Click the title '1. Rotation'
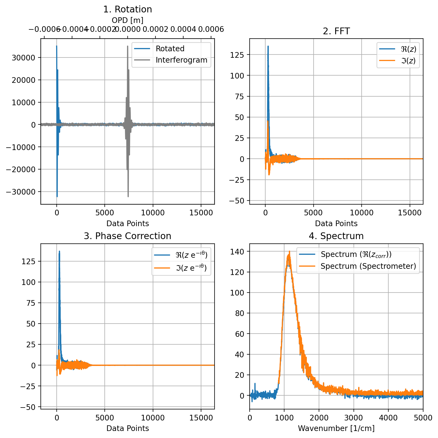click(127, 9)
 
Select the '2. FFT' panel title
click(336, 31)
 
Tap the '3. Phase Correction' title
click(127, 236)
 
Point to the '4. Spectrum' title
click(336, 236)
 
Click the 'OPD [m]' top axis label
click(127, 20)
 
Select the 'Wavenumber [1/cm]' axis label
click(336, 428)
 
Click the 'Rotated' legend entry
click(170, 49)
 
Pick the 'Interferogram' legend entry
click(181, 60)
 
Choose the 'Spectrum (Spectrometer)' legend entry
click(368, 266)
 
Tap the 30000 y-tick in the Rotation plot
click(24, 58)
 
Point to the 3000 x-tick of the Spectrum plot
click(354, 418)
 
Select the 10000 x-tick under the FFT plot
click(361, 213)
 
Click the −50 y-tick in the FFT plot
click(236, 201)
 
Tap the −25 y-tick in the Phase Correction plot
click(28, 386)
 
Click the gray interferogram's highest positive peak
click(128, 46)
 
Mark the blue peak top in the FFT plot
click(268, 46)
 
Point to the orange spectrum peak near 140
click(289, 252)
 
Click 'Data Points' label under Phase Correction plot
click(127, 428)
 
